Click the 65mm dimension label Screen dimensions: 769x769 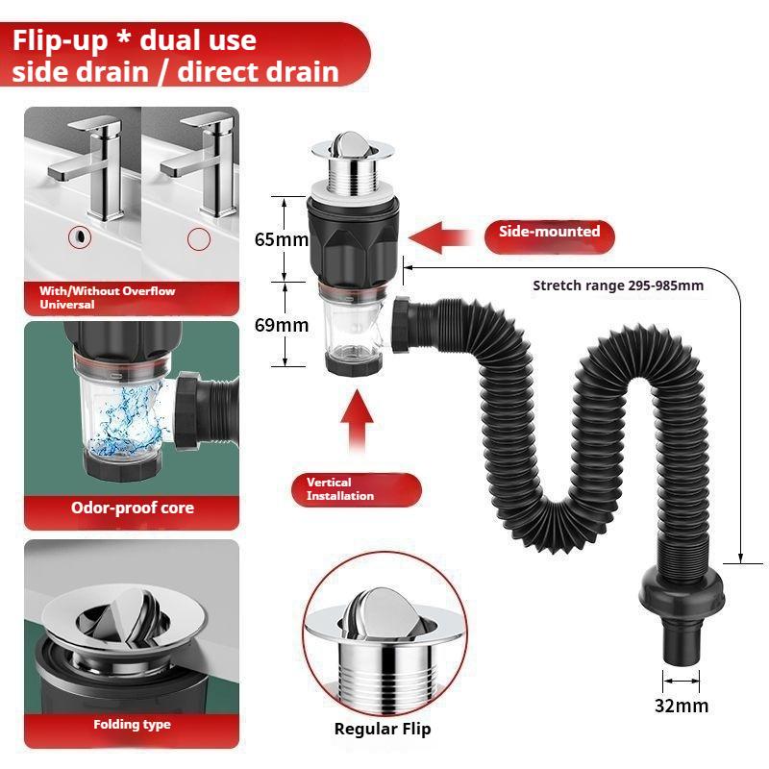tap(281, 239)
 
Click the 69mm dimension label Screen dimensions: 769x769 tap(281, 325)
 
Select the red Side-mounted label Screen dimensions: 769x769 tap(549, 232)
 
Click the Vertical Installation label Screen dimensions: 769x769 tap(357, 488)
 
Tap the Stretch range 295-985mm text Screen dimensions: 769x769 tap(618, 285)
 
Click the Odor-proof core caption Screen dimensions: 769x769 tap(132, 508)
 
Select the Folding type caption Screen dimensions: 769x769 tap(132, 724)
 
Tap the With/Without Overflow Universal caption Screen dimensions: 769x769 tap(107, 297)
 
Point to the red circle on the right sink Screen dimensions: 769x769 tap(198, 237)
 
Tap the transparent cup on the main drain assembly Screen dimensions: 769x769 tap(355, 332)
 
